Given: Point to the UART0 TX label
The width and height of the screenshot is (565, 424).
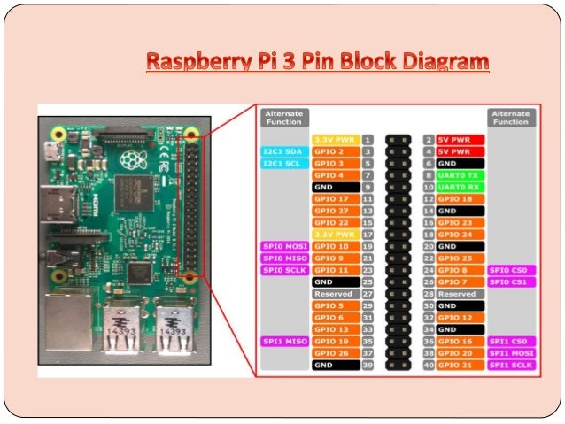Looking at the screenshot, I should pos(459,175).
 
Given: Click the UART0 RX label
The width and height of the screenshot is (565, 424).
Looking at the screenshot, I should pos(459,188).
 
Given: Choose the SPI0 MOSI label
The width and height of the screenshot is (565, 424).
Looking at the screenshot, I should pos(283,246).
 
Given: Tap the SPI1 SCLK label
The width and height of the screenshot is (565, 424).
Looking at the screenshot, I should pos(511,365).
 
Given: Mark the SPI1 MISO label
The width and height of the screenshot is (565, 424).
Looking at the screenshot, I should pos(283,341).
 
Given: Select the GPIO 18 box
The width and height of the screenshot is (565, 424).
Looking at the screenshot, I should pos(459,199).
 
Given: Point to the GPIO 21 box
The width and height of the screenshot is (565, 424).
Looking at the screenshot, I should pos(459,365).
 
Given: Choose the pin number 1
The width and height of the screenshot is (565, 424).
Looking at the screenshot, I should pos(367,140).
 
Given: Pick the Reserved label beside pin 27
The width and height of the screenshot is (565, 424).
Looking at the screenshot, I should pos(335,294).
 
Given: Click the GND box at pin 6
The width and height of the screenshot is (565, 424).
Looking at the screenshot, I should pos(459,164).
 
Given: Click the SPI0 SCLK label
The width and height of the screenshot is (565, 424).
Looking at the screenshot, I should pos(283,270).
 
